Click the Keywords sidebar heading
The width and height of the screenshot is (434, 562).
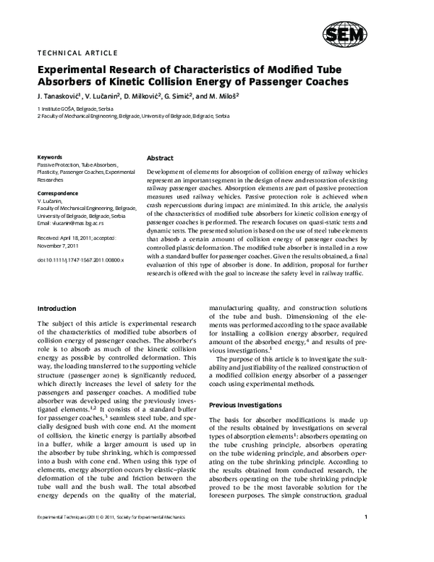point(49,156)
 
